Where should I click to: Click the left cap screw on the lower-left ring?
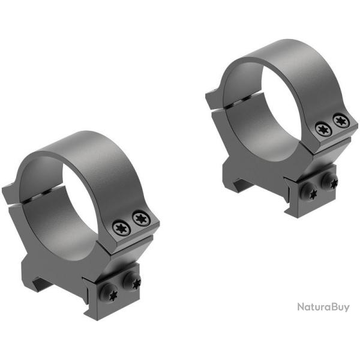tap(119, 227)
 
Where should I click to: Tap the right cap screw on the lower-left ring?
tap(140, 217)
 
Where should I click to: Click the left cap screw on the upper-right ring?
tap(322, 128)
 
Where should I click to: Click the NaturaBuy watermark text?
tap(323, 307)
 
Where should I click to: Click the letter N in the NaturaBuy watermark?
tap(301, 307)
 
